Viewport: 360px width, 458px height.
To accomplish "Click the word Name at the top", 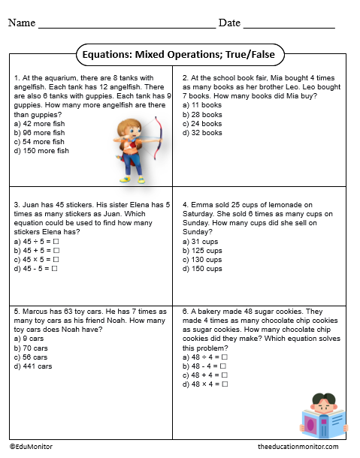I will click(x=22, y=23).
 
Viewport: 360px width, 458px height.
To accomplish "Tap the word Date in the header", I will click(x=229, y=23).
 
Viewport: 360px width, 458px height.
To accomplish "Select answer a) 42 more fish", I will click(x=41, y=123).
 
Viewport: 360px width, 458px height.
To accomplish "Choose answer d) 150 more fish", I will click(x=44, y=151).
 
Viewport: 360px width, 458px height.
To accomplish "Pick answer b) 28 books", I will click(x=202, y=114).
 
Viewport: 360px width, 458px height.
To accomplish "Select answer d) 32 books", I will click(x=202, y=133).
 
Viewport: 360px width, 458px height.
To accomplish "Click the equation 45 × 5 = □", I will click(x=37, y=259).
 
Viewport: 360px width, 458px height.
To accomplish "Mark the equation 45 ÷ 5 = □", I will click(x=37, y=241).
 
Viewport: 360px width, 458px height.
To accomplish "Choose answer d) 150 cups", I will click(x=202, y=268).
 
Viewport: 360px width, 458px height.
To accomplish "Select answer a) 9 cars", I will click(x=31, y=339).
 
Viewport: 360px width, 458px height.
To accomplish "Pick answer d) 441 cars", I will click(x=35, y=366).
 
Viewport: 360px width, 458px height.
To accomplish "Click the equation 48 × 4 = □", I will click(x=205, y=384).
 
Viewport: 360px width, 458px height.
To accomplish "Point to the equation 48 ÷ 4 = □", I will click(x=205, y=357).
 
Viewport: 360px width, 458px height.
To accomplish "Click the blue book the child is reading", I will click(x=323, y=423).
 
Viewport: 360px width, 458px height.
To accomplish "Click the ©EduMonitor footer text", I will click(x=31, y=446).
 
